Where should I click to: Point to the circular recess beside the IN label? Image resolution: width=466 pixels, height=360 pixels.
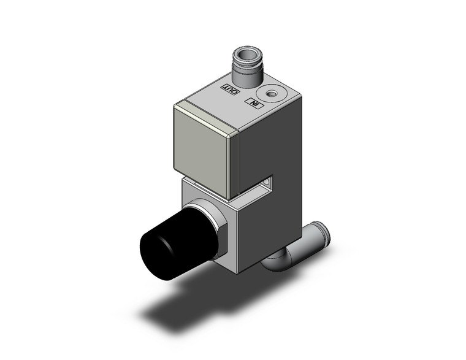270,93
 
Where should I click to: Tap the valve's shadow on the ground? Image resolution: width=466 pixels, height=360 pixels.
172,307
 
